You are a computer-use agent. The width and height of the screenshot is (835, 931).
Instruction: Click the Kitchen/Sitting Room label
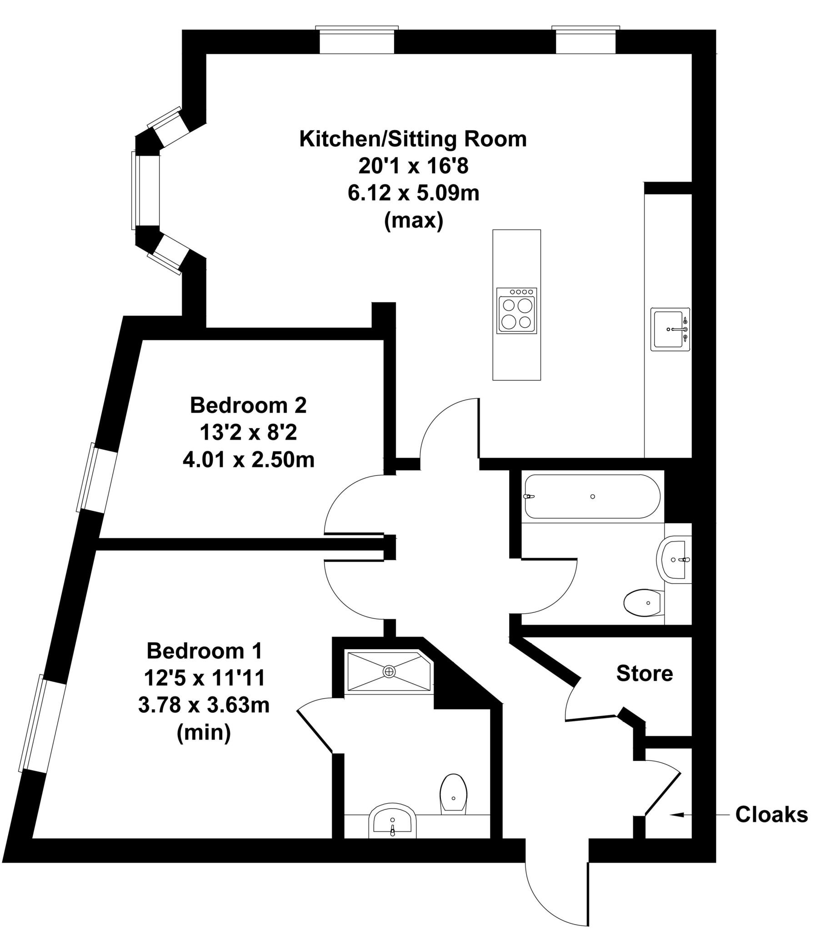click(412, 139)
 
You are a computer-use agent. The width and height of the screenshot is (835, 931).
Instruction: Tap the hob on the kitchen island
click(517, 311)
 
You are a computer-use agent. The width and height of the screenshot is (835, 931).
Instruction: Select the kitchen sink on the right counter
click(670, 330)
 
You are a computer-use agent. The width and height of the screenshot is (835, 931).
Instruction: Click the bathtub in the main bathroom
click(592, 496)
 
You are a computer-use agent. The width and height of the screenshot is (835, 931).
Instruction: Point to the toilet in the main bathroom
click(643, 602)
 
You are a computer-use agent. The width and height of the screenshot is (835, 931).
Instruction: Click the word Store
click(644, 674)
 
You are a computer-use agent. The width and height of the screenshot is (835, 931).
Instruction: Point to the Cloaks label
click(771, 815)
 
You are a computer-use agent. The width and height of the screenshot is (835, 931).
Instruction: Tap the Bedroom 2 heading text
click(248, 405)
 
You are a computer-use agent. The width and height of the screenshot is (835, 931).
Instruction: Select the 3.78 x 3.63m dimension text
click(204, 705)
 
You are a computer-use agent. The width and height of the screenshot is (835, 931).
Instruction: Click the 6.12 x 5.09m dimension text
click(413, 193)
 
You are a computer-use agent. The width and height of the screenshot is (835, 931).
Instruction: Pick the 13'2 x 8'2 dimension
click(248, 432)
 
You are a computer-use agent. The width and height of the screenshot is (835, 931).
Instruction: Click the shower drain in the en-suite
click(390, 671)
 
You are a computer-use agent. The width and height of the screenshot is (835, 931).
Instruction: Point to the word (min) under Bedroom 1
click(204, 732)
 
